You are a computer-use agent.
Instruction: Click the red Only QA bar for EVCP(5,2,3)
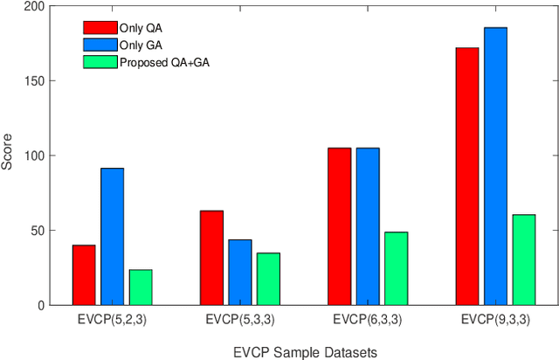[x=84, y=274]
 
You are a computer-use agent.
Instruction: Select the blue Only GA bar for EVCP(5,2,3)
[x=112, y=237]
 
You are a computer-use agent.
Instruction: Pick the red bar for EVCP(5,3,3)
[x=211, y=258]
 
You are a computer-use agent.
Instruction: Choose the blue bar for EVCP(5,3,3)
[x=239, y=272]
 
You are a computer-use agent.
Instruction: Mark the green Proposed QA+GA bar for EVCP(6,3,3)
[x=396, y=268]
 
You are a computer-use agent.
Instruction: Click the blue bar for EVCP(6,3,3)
[x=368, y=226]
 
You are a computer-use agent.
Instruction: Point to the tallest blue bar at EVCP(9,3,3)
[x=495, y=166]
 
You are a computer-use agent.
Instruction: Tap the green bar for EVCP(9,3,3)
[x=523, y=260]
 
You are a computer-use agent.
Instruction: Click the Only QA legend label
[x=137, y=28]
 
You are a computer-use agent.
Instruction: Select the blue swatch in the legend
[x=99, y=44]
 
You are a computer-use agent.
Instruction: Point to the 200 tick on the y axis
[x=33, y=6]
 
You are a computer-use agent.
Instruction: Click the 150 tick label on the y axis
[x=33, y=81]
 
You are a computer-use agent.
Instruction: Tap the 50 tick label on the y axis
[x=36, y=231]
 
